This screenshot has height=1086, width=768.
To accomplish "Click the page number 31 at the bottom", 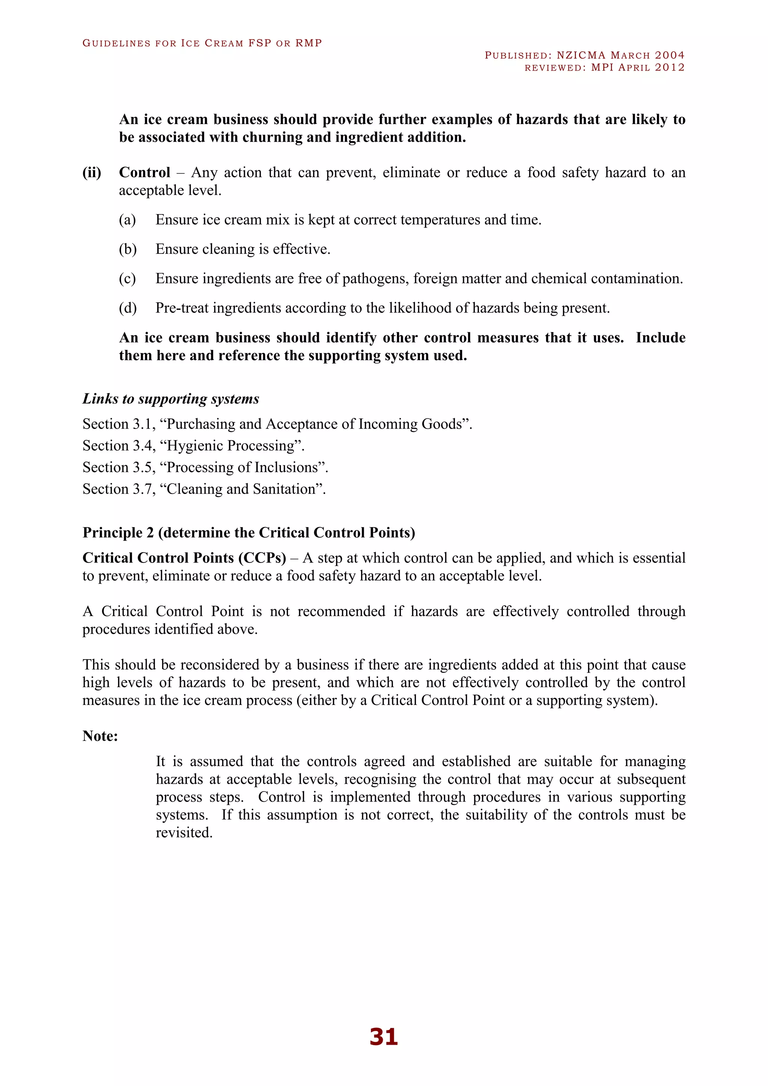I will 384,1036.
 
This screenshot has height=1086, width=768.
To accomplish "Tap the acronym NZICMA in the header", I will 581,55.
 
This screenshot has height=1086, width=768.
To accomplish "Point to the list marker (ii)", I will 92,172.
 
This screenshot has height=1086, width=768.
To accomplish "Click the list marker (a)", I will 127,220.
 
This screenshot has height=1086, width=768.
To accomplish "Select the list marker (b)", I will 127,249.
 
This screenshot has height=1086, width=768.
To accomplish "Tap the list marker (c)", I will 127,279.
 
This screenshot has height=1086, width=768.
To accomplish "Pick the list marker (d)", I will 127,308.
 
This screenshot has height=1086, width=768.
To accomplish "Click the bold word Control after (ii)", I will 144,172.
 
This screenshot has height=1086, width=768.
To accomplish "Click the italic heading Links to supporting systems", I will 171,399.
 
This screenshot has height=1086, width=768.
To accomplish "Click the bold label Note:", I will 100,736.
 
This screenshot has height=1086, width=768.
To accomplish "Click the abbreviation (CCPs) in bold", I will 262,558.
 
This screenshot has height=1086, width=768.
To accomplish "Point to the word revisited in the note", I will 184,833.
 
